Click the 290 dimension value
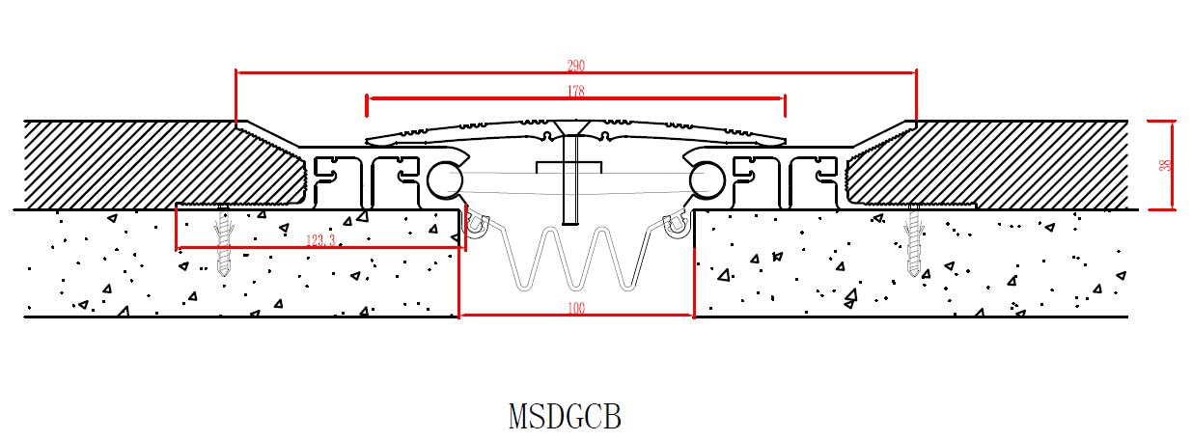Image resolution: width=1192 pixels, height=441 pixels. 576,66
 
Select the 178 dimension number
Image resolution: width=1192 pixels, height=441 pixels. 576,92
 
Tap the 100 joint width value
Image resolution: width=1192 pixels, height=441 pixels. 576,309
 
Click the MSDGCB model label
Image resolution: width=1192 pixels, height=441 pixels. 565,416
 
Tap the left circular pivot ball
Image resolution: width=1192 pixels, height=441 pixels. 445,179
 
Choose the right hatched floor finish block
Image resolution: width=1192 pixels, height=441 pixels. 1004,164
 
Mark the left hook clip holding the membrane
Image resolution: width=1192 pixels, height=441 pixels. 475,225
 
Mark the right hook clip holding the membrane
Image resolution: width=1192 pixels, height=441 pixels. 678,225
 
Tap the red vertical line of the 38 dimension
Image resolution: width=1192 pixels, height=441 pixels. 1173,165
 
